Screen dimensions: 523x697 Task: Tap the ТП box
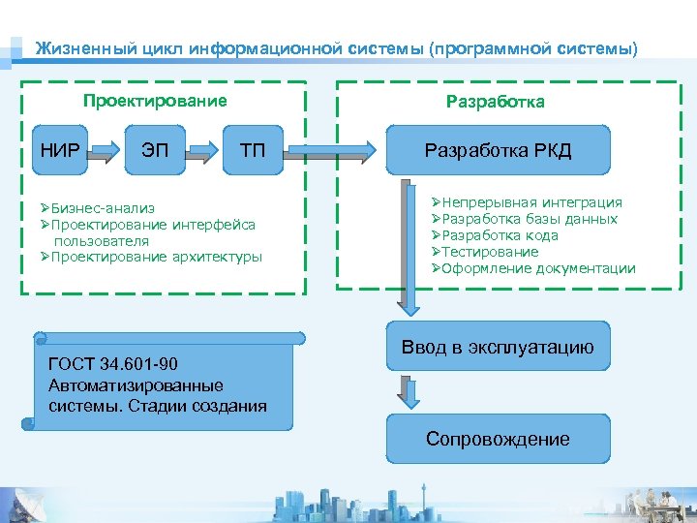pyautogui.click(x=252, y=150)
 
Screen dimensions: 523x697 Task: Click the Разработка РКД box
pyautogui.click(x=499, y=150)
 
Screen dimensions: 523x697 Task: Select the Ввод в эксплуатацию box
pyautogui.click(x=499, y=347)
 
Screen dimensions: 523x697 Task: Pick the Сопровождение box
pyautogui.click(x=499, y=439)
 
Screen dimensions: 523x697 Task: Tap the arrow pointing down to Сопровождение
pyautogui.click(x=410, y=390)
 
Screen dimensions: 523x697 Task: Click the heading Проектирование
pyautogui.click(x=155, y=101)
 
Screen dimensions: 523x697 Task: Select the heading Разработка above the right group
pyautogui.click(x=495, y=102)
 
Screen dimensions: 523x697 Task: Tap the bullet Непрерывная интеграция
pyautogui.click(x=531, y=202)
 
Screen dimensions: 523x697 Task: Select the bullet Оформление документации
pyautogui.click(x=538, y=268)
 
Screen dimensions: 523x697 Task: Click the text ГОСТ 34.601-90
pyautogui.click(x=113, y=365)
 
